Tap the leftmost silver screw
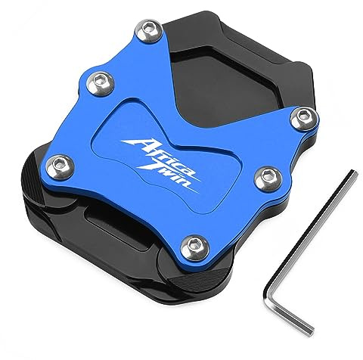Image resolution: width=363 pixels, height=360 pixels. pyautogui.click(x=60, y=166)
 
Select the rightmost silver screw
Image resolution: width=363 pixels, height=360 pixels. pyautogui.click(x=304, y=118)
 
